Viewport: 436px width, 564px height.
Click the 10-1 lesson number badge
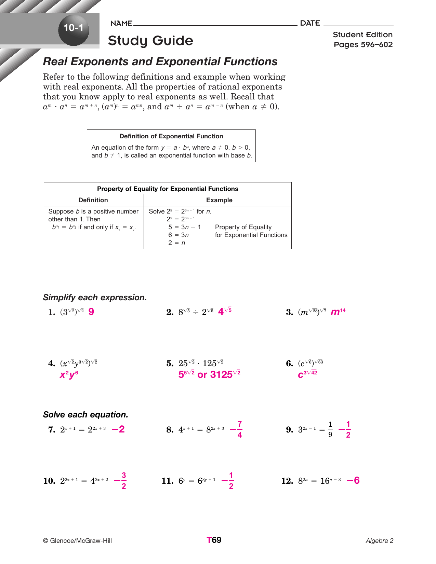pos(74,28)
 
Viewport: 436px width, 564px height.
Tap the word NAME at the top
pos(121,24)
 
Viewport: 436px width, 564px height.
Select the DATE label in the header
pos(310,23)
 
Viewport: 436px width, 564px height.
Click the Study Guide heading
pos(150,41)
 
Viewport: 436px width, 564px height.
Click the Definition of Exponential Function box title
pos(171,136)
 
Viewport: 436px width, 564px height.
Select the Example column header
pos(219,200)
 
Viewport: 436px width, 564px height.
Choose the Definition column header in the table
pos(93,200)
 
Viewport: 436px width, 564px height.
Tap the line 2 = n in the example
pos(176,243)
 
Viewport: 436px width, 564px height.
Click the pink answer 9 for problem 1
pos(91,312)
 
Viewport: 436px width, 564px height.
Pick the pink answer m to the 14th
pos(338,312)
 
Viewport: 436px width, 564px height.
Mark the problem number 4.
pos(52,363)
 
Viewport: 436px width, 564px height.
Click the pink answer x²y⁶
pos(69,375)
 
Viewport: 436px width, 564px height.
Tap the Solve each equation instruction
pos(85,415)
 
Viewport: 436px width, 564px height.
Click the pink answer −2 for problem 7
pos(118,429)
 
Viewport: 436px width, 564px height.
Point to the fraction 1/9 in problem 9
pos(330,429)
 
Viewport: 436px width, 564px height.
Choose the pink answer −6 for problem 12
pos(353,481)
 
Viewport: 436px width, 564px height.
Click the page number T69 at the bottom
pos(214,540)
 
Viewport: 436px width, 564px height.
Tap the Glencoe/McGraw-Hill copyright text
pos(78,541)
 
